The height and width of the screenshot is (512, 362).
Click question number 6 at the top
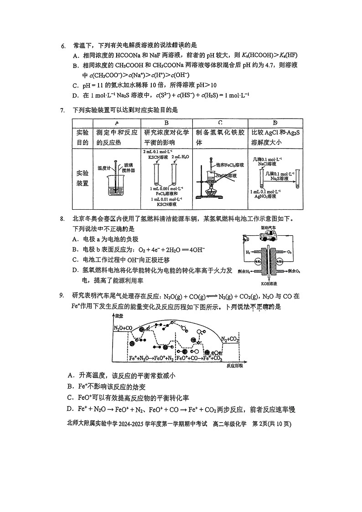click(63, 45)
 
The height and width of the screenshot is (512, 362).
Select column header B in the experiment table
click(166, 123)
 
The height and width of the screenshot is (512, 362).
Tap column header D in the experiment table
click(275, 123)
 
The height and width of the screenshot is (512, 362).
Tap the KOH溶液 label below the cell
click(269, 283)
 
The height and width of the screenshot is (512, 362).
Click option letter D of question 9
click(70, 409)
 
